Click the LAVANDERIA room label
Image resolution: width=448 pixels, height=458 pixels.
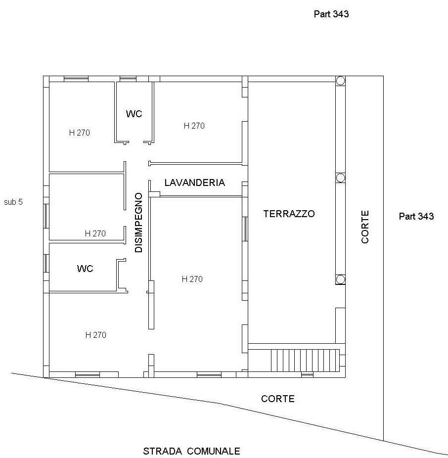point(194,183)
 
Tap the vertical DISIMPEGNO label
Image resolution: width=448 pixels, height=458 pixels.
point(139,222)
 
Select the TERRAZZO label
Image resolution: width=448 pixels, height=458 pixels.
point(289,214)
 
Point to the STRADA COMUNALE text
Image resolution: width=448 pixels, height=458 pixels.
point(191,451)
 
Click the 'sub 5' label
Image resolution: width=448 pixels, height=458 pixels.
point(13,202)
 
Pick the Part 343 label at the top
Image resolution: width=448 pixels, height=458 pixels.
point(331,14)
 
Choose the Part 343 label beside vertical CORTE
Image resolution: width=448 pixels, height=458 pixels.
point(416,217)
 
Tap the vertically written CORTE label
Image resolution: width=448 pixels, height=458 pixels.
point(365,227)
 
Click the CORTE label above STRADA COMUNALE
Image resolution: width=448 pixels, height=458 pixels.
point(278,399)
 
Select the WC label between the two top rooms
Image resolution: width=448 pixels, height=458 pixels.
point(134,114)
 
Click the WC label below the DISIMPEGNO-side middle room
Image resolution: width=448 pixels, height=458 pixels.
point(85,269)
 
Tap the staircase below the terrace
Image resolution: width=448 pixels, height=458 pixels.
point(305,361)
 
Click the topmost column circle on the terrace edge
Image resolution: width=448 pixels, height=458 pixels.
point(340,80)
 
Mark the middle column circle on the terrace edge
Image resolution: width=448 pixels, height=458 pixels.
point(340,178)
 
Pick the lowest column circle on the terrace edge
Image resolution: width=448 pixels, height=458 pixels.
point(340,279)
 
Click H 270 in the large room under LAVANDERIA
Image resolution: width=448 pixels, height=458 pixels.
point(192,279)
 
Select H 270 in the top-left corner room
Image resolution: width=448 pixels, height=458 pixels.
point(80,133)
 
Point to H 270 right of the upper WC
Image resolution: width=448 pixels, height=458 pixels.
point(194,126)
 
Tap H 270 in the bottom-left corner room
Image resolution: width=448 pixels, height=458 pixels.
point(96,335)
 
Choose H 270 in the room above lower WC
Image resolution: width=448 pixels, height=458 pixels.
point(95,233)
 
